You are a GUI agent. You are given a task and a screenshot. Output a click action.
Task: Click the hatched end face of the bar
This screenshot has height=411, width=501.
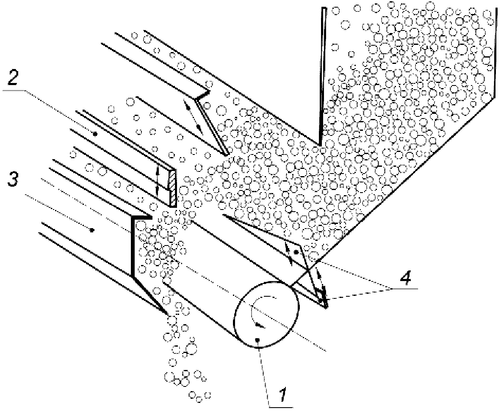(x=172, y=188)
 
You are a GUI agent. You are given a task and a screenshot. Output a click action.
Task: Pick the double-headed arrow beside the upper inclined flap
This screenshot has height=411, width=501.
(x=194, y=116)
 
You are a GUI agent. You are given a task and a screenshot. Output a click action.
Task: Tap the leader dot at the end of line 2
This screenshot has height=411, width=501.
(x=95, y=135)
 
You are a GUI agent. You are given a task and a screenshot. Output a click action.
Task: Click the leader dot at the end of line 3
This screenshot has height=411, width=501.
(x=92, y=229)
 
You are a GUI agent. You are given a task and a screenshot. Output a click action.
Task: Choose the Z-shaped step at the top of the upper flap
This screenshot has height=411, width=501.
(x=202, y=95)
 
